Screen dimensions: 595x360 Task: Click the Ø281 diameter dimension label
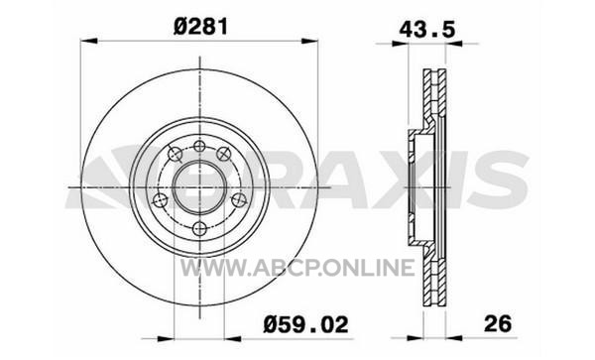click(x=200, y=28)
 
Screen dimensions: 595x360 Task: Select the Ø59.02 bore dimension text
click(x=305, y=324)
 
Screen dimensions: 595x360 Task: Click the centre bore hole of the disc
click(x=200, y=187)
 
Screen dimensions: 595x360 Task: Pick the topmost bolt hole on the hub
click(x=199, y=146)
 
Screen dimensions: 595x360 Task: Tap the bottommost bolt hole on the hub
click(x=199, y=228)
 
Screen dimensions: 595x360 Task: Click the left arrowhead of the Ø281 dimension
click(x=89, y=41)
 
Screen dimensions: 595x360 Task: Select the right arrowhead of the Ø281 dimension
click(x=308, y=41)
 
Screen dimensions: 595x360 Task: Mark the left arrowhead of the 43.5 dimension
click(x=400, y=44)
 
